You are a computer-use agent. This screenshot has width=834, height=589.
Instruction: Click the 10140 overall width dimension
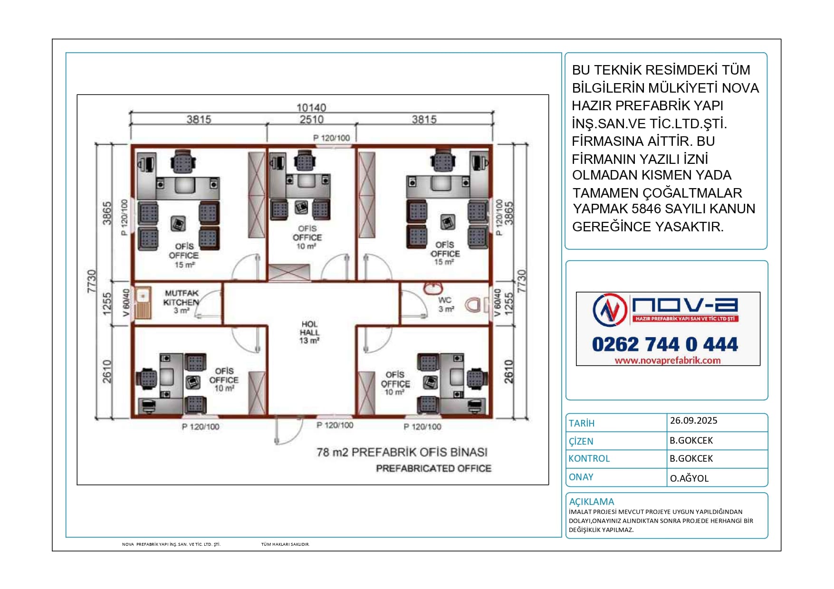pyautogui.click(x=311, y=108)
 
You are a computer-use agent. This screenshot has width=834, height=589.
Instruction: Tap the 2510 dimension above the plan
pyautogui.click(x=311, y=119)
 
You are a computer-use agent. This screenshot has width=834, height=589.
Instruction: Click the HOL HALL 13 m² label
pyautogui.click(x=309, y=332)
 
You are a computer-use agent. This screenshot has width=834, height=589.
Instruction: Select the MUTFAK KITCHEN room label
pyautogui.click(x=181, y=298)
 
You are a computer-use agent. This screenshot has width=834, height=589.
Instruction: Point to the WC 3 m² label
pyautogui.click(x=445, y=304)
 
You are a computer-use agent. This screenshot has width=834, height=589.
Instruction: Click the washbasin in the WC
pyautogui.click(x=432, y=288)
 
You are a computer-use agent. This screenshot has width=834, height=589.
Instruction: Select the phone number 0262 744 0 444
pyautogui.click(x=665, y=344)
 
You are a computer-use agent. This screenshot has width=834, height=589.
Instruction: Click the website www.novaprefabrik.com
pyautogui.click(x=667, y=361)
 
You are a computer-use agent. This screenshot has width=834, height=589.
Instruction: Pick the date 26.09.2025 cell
pyautogui.click(x=693, y=420)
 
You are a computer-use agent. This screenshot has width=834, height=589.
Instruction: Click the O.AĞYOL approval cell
pyautogui.click(x=689, y=478)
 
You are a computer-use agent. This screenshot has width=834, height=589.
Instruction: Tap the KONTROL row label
pyautogui.click(x=589, y=458)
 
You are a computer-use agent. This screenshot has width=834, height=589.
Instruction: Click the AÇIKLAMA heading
pyautogui.click(x=591, y=502)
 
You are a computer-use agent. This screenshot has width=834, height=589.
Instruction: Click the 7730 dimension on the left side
pyautogui.click(x=92, y=281)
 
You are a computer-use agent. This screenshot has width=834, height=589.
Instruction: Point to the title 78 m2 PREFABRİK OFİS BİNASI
pyautogui.click(x=402, y=452)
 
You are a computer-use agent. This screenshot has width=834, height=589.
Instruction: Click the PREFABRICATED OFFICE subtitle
pyautogui.click(x=433, y=468)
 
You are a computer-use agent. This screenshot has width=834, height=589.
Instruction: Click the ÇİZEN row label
pyautogui.click(x=581, y=441)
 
